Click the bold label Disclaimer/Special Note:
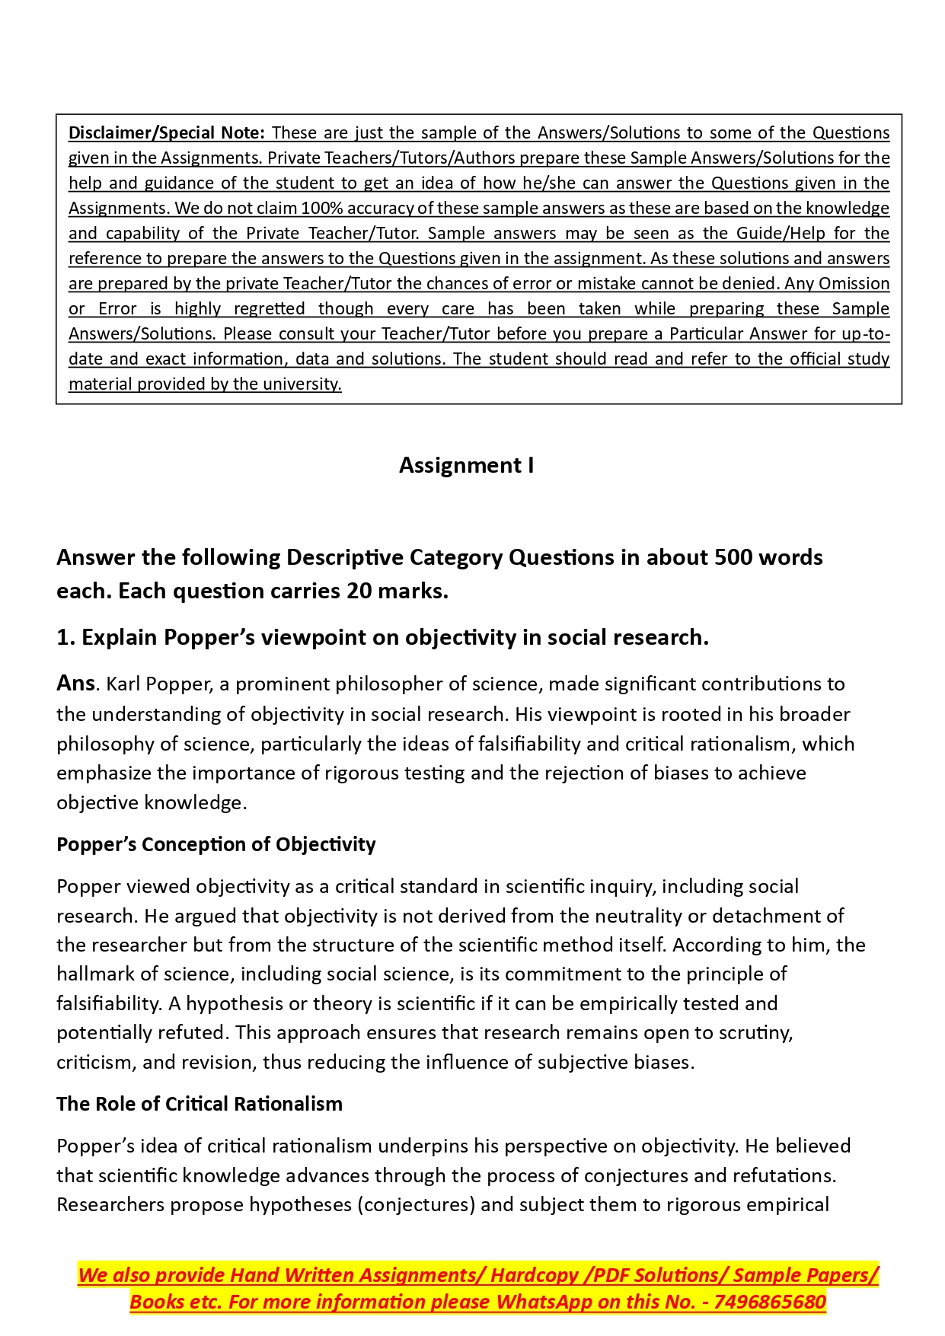167,132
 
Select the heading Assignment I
466,465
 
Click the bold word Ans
75,683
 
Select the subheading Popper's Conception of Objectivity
216,844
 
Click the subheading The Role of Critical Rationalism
200,1104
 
